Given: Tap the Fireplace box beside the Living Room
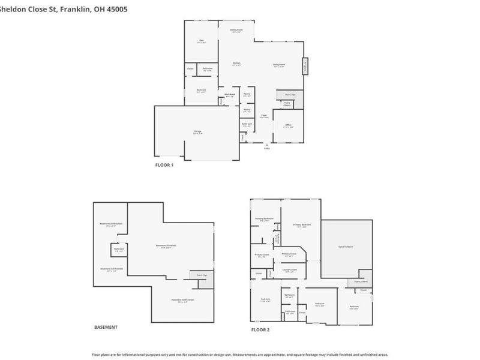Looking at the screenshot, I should point(305,66).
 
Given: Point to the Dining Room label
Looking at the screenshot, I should point(236,30).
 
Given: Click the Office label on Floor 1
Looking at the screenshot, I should point(289,125).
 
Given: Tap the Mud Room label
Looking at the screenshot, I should point(230,95).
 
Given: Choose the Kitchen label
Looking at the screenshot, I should point(236,64).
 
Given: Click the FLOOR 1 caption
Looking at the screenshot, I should point(164,165).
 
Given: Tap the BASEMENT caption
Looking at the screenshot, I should point(106,327).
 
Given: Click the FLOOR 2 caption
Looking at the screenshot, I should point(260,330).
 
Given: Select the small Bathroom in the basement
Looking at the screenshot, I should point(119,249).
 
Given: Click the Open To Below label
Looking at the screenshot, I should point(345,247).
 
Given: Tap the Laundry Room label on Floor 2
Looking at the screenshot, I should point(289,271).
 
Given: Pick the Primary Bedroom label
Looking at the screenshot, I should point(301,225).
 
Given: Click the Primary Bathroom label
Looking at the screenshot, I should point(265,219).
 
